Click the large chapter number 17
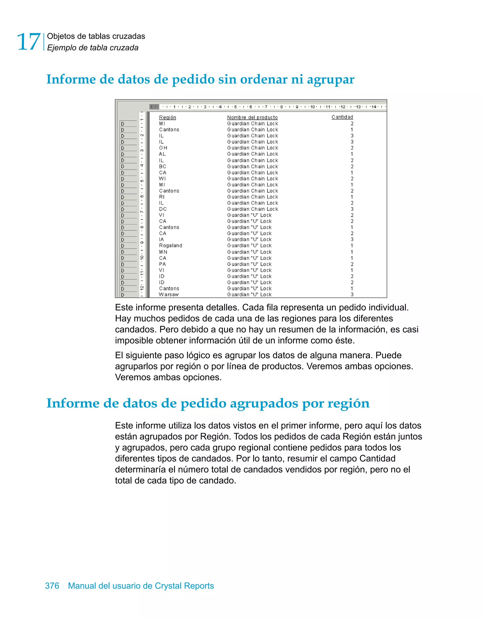point(28,42)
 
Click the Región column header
point(168,117)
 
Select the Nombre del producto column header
point(252,117)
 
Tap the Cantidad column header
point(342,117)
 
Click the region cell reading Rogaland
point(170,246)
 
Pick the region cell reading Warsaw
point(169,294)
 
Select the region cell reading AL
point(162,154)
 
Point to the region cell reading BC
point(162,166)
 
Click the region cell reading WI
point(162,179)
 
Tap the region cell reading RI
point(161,197)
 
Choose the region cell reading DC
point(163,209)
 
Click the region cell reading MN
point(163,252)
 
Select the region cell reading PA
point(162,264)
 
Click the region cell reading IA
point(161,239)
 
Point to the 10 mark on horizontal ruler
point(313,107)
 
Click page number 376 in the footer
point(52,586)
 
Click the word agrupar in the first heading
point(330,80)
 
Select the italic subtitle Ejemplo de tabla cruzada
point(92,48)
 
